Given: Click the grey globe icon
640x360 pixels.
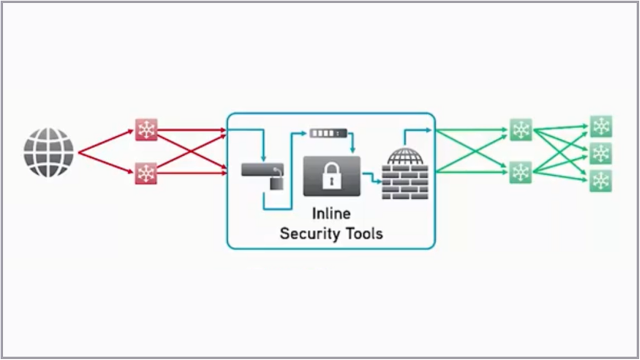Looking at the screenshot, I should [x=48, y=152].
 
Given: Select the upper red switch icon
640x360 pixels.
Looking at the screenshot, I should [x=146, y=129].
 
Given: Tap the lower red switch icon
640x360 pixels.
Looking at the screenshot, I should [x=146, y=173].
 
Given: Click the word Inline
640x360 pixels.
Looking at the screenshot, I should [x=331, y=213].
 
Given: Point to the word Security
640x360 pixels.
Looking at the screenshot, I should [x=309, y=233].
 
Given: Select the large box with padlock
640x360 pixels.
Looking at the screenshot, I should [x=331, y=176].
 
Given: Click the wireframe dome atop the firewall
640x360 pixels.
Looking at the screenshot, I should [x=405, y=156].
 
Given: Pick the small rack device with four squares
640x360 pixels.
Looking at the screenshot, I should [x=328, y=133].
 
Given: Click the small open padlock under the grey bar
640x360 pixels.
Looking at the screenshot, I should [x=276, y=182].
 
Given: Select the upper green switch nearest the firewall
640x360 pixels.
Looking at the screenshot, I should [x=520, y=129].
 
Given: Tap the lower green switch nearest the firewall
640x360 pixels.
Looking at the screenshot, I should [x=520, y=172].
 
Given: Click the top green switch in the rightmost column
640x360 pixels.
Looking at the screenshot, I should [x=600, y=126].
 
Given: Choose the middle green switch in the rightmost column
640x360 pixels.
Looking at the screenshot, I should [x=600, y=153].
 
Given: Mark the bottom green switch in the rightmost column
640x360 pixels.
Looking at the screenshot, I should [x=600, y=180].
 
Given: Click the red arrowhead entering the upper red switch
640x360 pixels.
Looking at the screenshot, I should [x=131, y=131].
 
